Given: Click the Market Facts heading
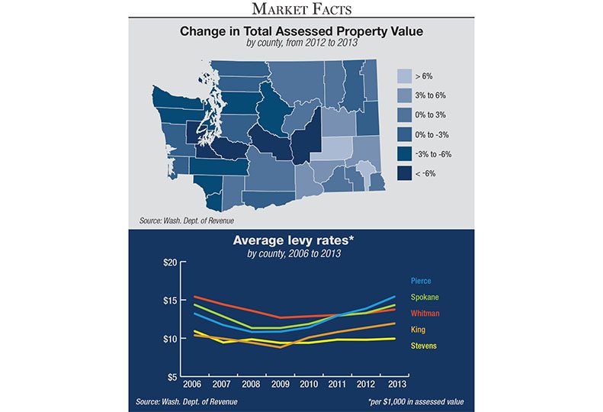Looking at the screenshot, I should coord(301,9).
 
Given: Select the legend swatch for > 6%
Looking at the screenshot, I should coord(406,76).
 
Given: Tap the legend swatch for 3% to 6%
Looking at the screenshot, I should coord(406,95).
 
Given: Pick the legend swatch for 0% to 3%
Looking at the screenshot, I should coord(406,115).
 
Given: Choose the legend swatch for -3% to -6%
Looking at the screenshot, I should coord(406,154).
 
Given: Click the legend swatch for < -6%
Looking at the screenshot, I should coord(406,174).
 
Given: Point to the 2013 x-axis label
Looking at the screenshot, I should coord(396,386).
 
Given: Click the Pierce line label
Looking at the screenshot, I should coord(421,281).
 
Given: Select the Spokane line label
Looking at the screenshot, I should coord(425,298).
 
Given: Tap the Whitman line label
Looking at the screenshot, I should coord(425,314).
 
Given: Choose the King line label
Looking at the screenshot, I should coord(418,330).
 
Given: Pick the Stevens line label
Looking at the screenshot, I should coord(424,346).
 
